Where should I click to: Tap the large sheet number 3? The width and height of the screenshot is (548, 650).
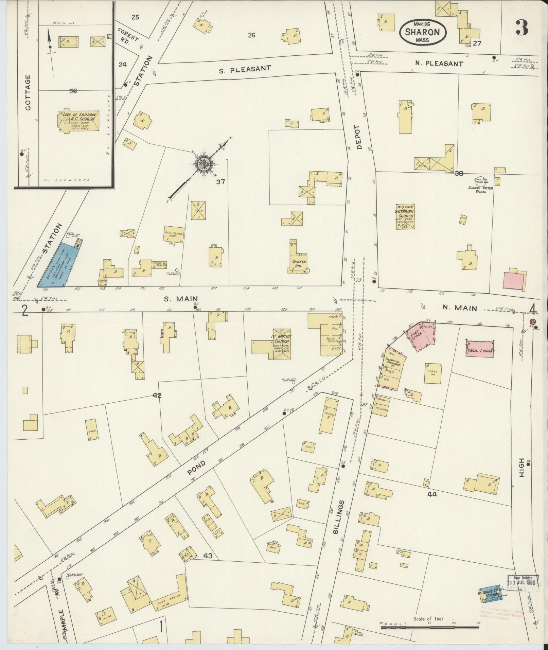coord(522,28)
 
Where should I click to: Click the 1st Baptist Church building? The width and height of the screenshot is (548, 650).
coord(281,343)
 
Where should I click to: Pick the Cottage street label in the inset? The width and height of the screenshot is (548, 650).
coord(28,92)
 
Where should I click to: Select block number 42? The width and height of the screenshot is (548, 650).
coord(157,395)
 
